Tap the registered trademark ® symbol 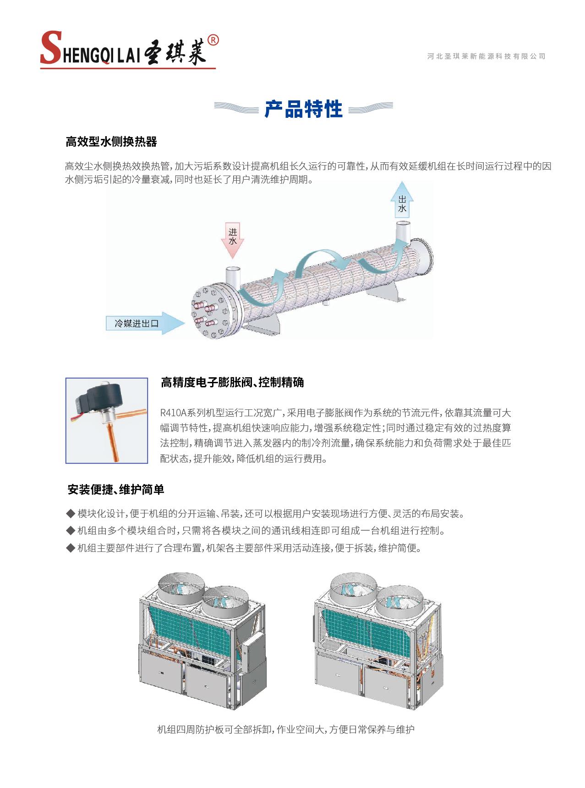click(213, 40)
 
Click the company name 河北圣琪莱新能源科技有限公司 click(487, 56)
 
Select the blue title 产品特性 click(303, 109)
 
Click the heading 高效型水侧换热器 click(111, 142)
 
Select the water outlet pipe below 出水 click(403, 232)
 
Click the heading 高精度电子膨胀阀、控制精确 click(232, 382)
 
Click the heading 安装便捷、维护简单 click(115, 490)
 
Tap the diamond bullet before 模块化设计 click(71, 513)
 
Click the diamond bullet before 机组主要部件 click(71, 548)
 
